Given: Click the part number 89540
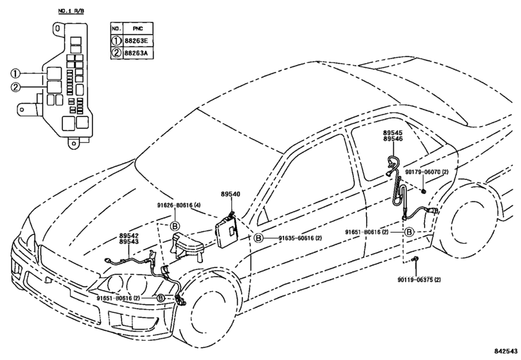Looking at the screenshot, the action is pos(230,194).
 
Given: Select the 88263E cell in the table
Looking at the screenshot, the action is pos(138,41).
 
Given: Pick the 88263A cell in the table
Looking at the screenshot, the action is pos(138,53).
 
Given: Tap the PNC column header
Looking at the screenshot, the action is pos(138,28).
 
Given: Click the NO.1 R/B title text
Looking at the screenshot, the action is pos(71,11).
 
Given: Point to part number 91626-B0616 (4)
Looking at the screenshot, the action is pos(179,206).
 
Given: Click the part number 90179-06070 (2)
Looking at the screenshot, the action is pos(427,172).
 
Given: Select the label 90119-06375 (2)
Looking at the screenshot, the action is pos(419,280).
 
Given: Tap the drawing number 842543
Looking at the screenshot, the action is pos(506,352).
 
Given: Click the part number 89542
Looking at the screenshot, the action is pos(129,236).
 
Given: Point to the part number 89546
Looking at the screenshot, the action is pos(393,139).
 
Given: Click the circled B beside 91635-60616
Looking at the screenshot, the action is pos(258,238).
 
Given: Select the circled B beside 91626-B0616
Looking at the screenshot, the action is pos(175,226).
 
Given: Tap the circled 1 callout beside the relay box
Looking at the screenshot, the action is pos(15,73).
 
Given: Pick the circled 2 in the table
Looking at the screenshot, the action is pos(117,53).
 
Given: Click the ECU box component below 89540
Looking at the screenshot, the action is pos(227,230).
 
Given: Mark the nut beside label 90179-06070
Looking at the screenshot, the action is pos(424,191).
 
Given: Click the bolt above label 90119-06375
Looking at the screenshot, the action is pos(415,260).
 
